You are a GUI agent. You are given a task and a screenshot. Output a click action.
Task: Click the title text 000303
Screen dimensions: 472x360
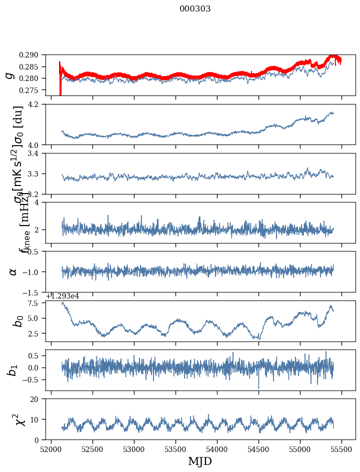(x=195, y=9)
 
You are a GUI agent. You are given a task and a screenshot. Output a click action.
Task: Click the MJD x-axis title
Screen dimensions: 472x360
(x=200, y=461)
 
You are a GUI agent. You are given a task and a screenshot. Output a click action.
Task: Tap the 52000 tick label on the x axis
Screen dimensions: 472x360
(x=51, y=448)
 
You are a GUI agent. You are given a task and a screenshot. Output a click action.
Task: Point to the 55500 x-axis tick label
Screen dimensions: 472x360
(x=342, y=448)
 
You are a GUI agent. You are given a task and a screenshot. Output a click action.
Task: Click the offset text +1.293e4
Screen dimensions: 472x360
(x=62, y=296)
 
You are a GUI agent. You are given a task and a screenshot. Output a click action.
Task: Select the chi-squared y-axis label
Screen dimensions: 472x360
(x=11, y=419)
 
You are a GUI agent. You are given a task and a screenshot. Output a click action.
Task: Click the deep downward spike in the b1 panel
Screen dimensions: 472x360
(x=258, y=387)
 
